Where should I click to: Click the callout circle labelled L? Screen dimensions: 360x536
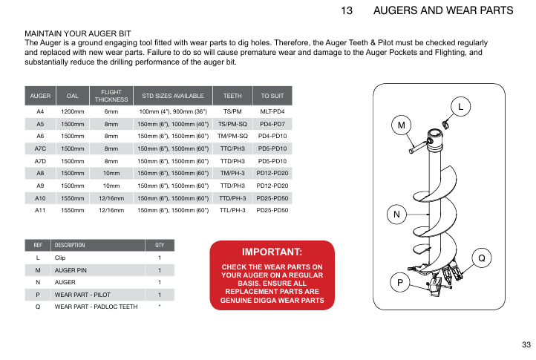[x=461, y=107]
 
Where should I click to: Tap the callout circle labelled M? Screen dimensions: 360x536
[x=402, y=125]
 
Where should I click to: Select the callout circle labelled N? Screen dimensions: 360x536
[x=396, y=215]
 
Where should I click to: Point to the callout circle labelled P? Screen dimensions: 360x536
[x=399, y=283]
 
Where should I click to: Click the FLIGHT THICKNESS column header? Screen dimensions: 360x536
[x=111, y=96]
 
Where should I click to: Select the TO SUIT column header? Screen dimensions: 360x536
[x=272, y=96]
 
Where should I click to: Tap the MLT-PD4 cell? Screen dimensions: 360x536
[x=272, y=111]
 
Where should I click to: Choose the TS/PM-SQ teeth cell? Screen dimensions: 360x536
[x=232, y=124]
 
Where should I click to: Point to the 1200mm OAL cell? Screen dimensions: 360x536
[x=72, y=111]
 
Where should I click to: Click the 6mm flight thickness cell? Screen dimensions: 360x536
[x=111, y=111]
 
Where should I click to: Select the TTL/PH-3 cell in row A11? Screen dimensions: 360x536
[x=232, y=211]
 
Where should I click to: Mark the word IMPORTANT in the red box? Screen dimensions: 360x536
[x=272, y=252]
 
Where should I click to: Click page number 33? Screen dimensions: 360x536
[x=526, y=344]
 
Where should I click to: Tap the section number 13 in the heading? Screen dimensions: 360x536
[x=346, y=10]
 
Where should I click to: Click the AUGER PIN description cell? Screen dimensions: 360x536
[x=71, y=270]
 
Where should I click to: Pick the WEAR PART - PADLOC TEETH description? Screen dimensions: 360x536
[x=97, y=306]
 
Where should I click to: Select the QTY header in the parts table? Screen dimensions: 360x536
[x=159, y=245]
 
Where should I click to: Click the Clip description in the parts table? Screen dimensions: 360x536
[x=60, y=258]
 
